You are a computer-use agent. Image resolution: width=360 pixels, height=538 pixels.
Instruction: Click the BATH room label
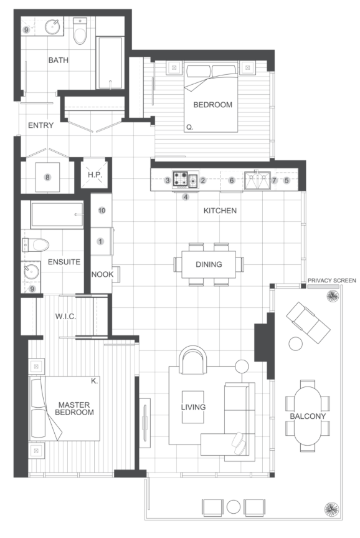(x=59, y=60)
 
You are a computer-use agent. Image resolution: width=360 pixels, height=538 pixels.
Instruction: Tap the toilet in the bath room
(x=80, y=32)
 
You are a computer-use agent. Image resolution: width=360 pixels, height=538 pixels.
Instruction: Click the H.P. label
(x=95, y=175)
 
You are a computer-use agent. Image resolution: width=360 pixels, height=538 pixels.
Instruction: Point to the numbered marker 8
(x=48, y=178)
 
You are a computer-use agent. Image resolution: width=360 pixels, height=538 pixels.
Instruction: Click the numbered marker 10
(x=102, y=210)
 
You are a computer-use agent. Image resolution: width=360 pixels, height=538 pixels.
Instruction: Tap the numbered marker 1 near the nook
(x=100, y=241)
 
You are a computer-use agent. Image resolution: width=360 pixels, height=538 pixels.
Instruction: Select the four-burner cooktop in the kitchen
(x=181, y=180)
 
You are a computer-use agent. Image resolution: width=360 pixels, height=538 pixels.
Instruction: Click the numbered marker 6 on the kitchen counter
(x=232, y=180)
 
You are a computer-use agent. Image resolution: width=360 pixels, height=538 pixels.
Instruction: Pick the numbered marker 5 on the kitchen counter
(x=287, y=180)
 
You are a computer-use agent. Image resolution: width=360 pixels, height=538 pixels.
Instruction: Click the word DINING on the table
(x=209, y=264)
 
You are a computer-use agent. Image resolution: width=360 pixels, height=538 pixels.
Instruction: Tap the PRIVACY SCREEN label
(x=331, y=281)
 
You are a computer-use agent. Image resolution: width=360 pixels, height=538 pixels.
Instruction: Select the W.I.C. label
(x=65, y=316)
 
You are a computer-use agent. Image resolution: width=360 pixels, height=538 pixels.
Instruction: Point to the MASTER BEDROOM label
(x=74, y=409)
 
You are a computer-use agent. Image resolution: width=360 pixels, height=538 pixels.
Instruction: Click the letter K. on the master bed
(x=94, y=381)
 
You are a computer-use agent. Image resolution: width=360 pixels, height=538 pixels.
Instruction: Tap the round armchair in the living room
(x=193, y=360)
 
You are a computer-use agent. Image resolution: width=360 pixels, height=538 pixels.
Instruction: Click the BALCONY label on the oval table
(x=308, y=416)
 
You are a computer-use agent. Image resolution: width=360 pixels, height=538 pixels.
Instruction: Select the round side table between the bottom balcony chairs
(x=234, y=506)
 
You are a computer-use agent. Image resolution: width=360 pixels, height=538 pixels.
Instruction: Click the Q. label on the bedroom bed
(x=189, y=127)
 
